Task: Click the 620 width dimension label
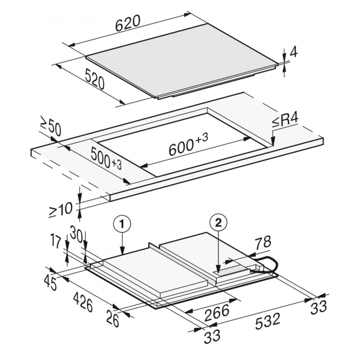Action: click(x=128, y=24)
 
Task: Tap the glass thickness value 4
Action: click(x=294, y=53)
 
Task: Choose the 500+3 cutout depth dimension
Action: click(x=105, y=158)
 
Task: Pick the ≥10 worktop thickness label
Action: click(x=60, y=210)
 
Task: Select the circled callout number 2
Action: click(x=218, y=223)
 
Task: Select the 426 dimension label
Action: click(x=83, y=303)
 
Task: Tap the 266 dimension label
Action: click(x=217, y=313)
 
